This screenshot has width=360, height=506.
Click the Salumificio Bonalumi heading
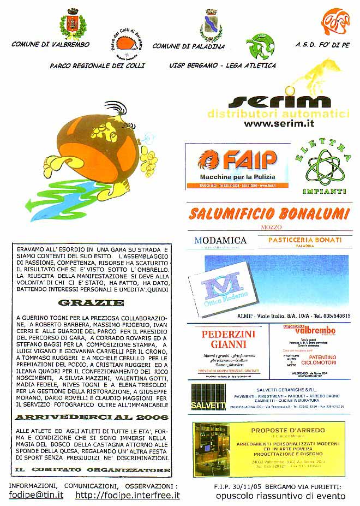pos(269,213)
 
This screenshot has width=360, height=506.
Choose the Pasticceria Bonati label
pos(305,240)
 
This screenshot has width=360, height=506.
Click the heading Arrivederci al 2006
pos(92,417)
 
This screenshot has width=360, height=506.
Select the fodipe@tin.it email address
pos(36,496)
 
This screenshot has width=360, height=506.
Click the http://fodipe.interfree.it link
pos(128,496)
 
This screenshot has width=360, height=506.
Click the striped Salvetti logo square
pos(208,396)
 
